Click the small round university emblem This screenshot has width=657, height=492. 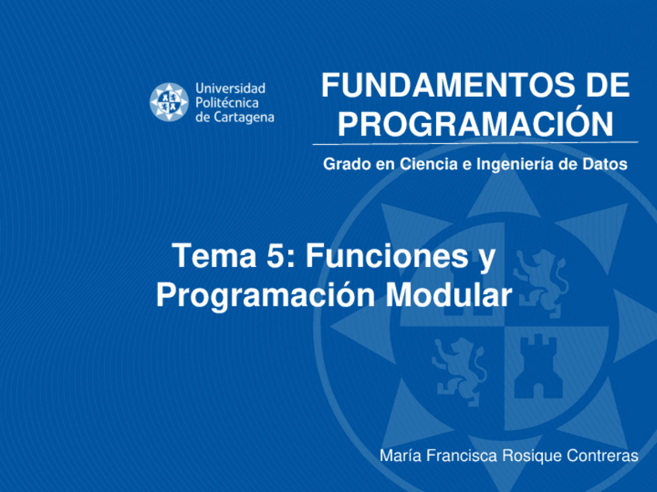tap(169, 102)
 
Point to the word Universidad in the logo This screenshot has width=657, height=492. tap(230, 88)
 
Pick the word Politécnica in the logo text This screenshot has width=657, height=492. tap(227, 103)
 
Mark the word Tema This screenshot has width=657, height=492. tap(214, 255)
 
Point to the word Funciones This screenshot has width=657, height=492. tap(387, 255)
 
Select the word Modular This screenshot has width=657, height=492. tap(449, 295)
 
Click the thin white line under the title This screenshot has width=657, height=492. tap(475, 144)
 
